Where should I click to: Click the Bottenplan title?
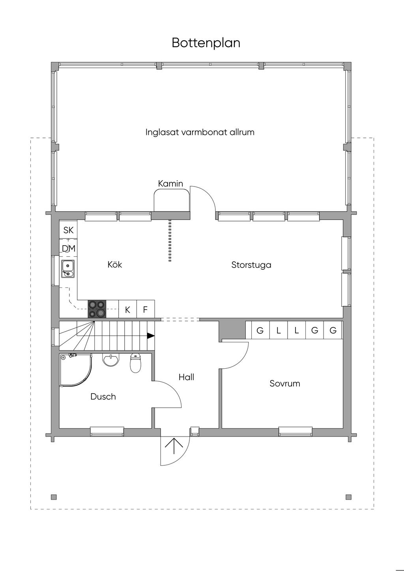(x=206, y=43)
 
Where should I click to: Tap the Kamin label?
(x=170, y=183)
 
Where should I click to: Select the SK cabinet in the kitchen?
(x=68, y=230)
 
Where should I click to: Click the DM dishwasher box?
(x=68, y=248)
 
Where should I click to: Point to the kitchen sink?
(x=68, y=269)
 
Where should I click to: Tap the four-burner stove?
(x=97, y=309)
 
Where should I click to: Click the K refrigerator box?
(x=127, y=310)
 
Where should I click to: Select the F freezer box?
(x=145, y=310)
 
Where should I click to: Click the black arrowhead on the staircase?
(x=151, y=336)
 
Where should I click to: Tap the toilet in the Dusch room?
(x=135, y=363)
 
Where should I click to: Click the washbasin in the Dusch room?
(x=110, y=359)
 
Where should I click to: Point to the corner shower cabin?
(x=75, y=370)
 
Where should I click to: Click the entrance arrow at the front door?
(x=174, y=446)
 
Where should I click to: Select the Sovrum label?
(x=284, y=384)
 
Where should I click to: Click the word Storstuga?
(x=251, y=265)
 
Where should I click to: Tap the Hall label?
(x=186, y=377)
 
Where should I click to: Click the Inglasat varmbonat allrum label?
(x=200, y=132)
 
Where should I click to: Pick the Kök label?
(x=115, y=264)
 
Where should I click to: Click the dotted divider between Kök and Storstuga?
(x=170, y=241)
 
